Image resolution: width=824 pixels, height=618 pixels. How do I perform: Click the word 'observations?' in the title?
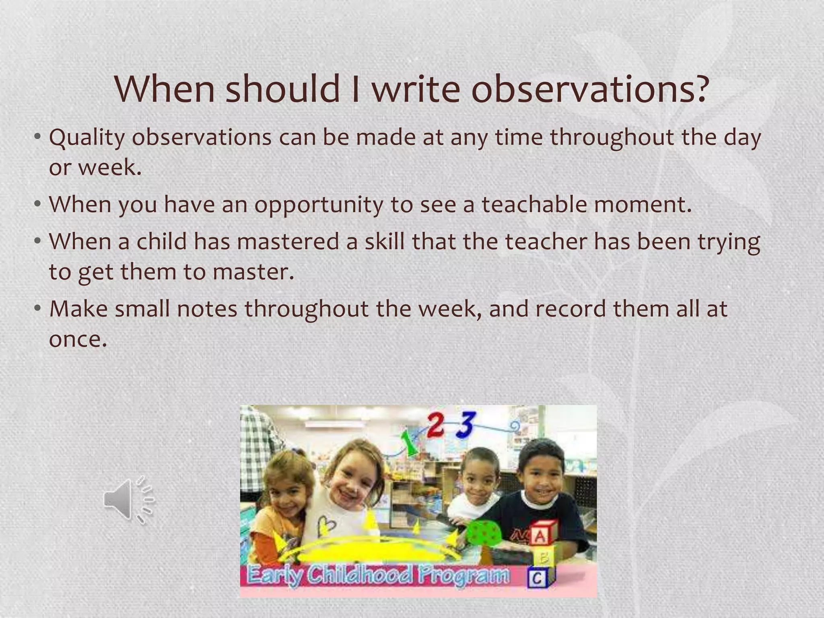click(x=589, y=89)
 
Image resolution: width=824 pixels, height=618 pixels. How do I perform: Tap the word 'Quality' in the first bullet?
click(x=87, y=138)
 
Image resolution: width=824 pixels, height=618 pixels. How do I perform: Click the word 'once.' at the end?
click(x=78, y=339)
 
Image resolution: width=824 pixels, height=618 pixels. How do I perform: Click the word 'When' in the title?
click(x=165, y=89)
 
